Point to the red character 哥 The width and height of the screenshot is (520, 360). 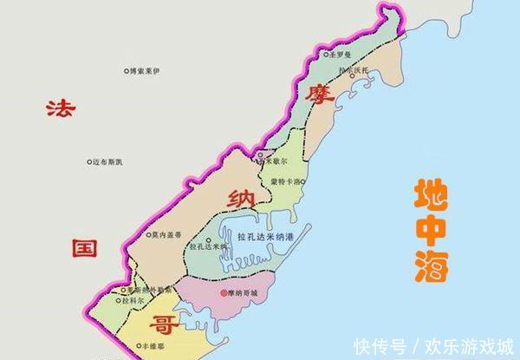coord(162,324)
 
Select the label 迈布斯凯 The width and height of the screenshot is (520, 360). coord(109,160)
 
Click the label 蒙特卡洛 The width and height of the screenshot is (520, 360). coord(287,181)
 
